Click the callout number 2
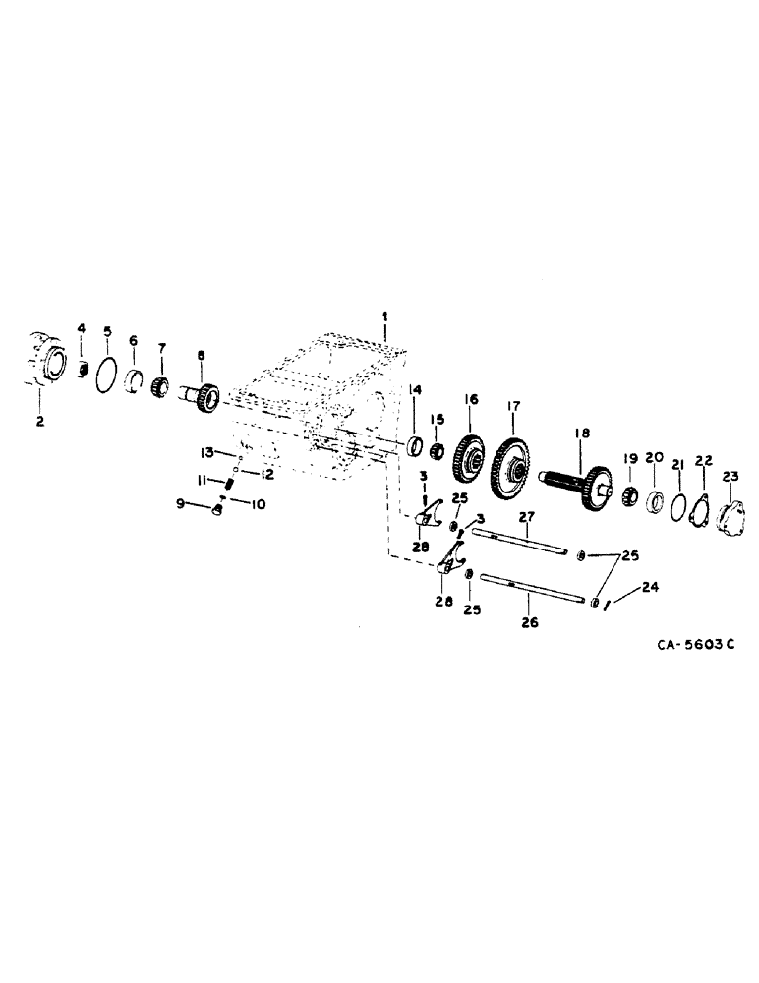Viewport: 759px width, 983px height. coord(39,422)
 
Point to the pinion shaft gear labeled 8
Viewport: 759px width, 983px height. coord(204,397)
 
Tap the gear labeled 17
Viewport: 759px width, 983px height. coord(511,465)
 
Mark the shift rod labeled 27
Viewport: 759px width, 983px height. coord(518,541)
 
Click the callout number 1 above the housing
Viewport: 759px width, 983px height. coord(386,317)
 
